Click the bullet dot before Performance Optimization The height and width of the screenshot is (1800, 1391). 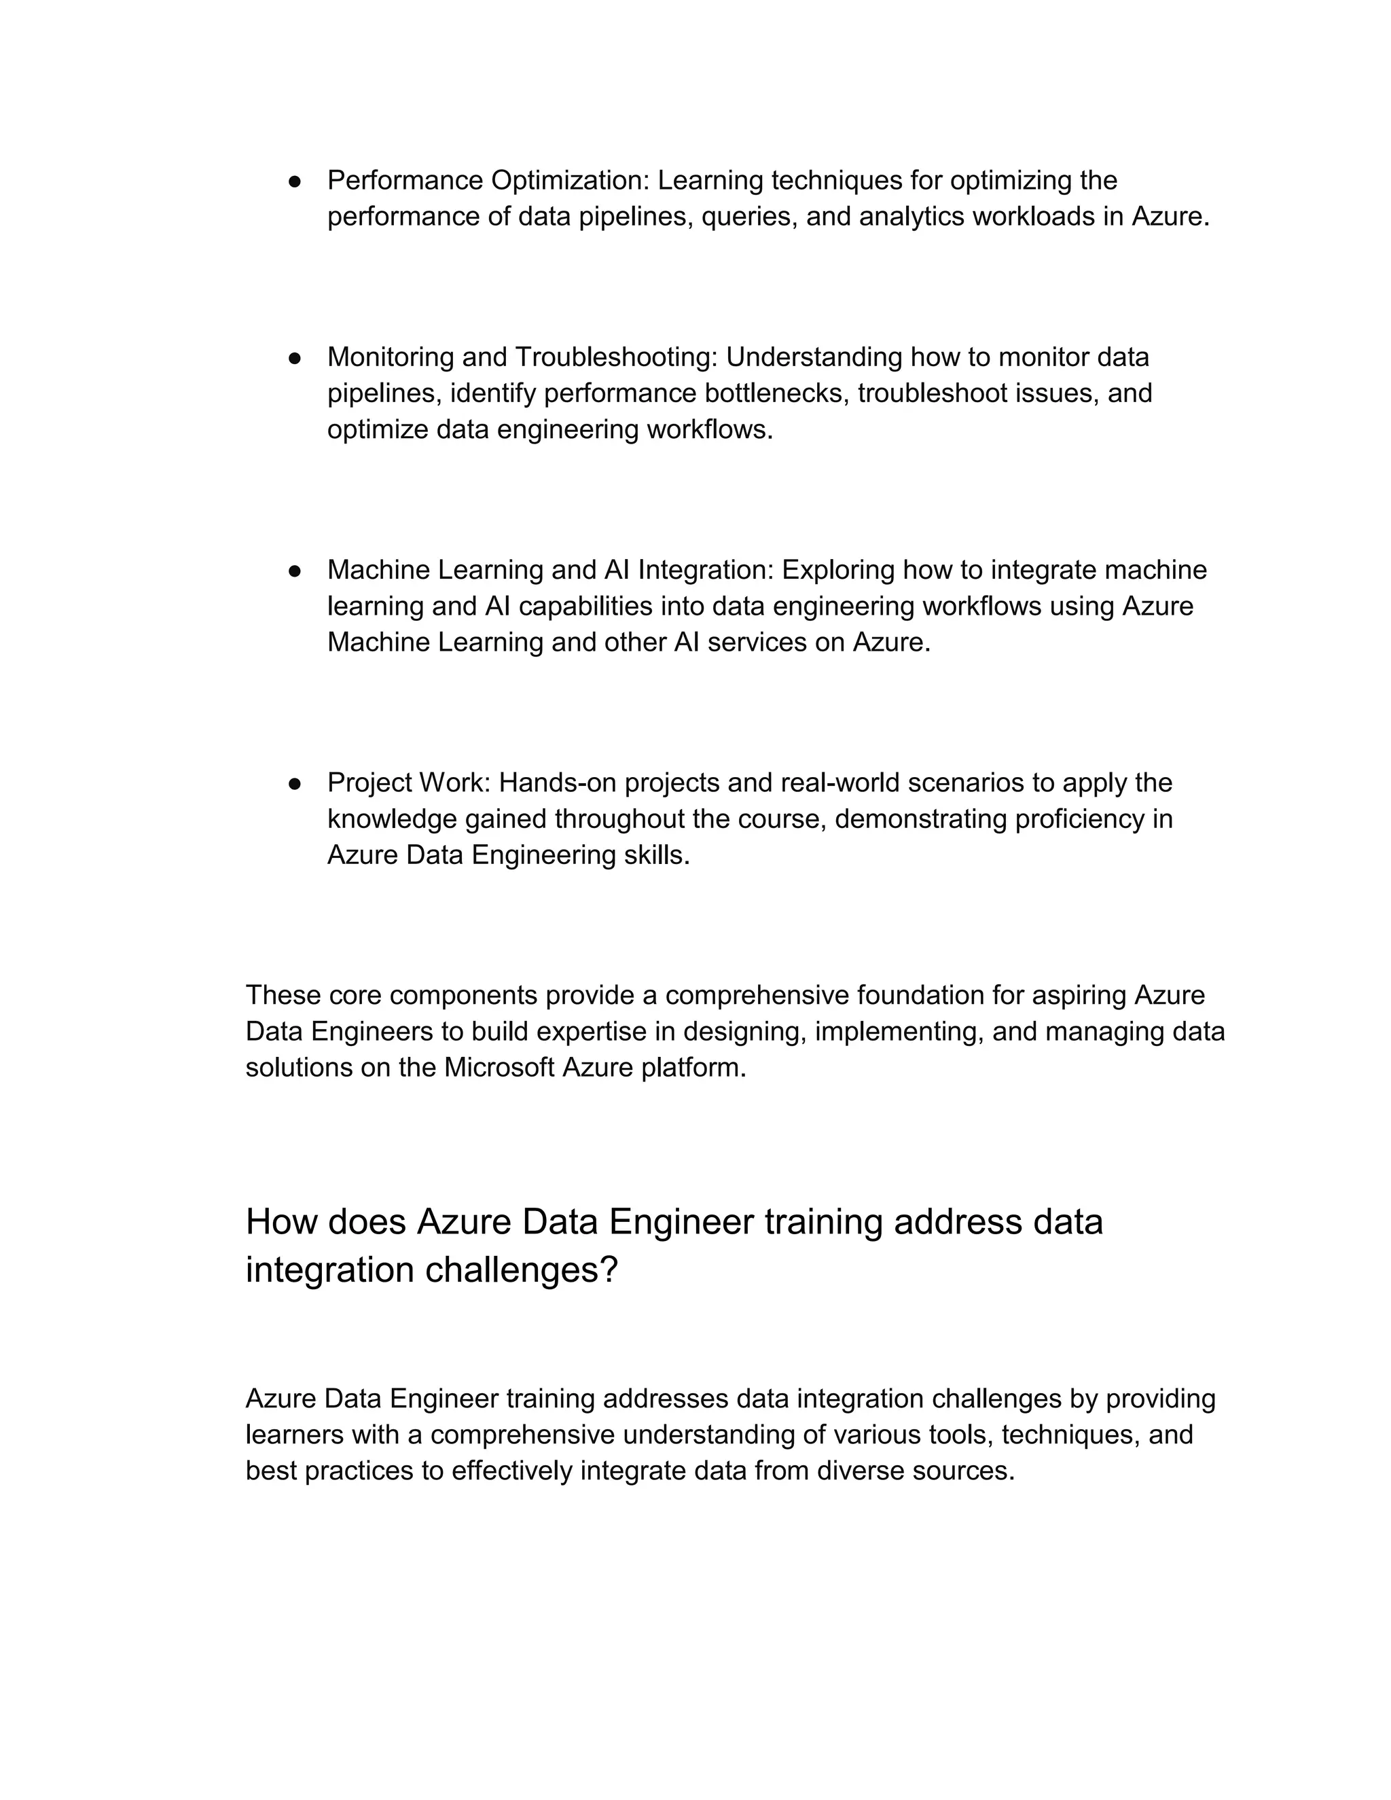(x=294, y=181)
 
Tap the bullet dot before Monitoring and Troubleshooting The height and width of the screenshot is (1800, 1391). (x=294, y=358)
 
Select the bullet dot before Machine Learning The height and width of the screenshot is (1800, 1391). (x=294, y=571)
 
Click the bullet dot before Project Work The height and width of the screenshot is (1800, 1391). (x=294, y=783)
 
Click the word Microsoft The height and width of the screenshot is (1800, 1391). (x=499, y=1068)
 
